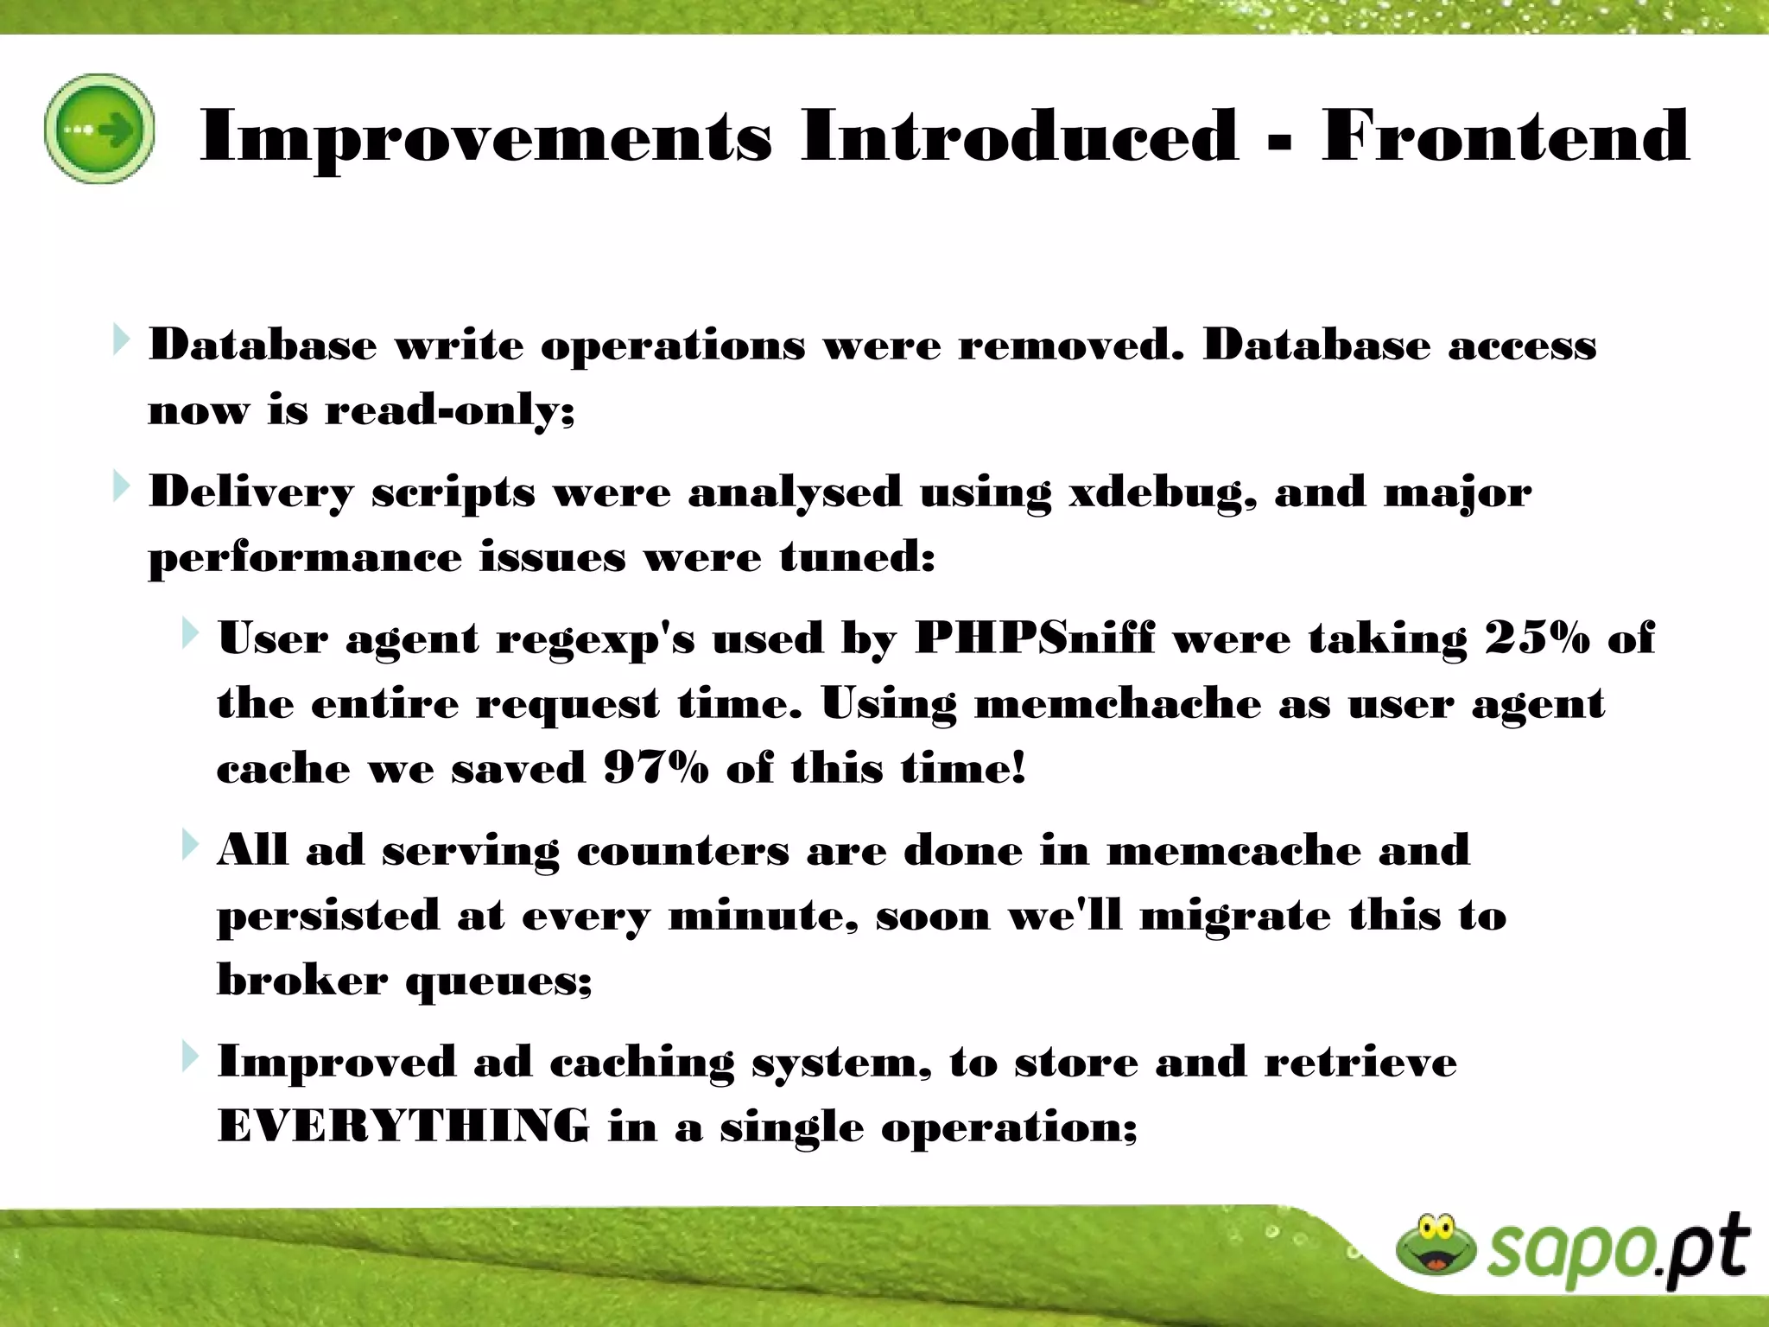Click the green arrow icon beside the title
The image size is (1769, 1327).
[x=99, y=129]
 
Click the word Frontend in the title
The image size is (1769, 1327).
[x=1505, y=136]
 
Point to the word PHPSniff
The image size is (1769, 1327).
[x=1034, y=639]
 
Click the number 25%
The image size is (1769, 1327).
[x=1537, y=639]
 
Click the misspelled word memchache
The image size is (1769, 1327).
[x=1117, y=704]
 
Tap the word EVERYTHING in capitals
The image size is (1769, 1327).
[x=403, y=1127]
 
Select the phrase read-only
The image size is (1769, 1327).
[x=448, y=410]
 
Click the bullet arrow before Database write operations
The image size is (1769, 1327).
[x=121, y=340]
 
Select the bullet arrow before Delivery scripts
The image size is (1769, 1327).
[x=121, y=487]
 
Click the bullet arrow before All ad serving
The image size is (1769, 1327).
[x=190, y=845]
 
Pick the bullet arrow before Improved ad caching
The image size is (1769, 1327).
[x=190, y=1056]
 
